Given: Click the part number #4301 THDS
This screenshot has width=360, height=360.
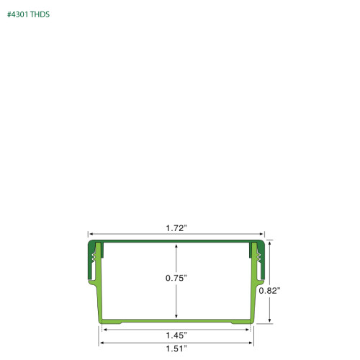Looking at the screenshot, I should pos(29,14).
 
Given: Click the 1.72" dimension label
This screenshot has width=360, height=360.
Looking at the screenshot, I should pos(176,228).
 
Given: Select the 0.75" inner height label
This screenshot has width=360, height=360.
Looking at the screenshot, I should pos(176,278).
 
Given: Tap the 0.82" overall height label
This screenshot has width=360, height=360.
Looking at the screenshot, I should pos(269,290).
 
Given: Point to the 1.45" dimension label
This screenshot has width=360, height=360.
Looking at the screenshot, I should pos(176,335).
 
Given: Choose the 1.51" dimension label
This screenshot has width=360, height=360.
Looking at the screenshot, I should pos(176,348).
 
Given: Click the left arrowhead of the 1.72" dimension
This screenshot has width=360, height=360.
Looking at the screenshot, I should pos(91,235).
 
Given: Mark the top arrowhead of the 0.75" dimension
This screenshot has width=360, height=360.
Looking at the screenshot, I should pos(176,246).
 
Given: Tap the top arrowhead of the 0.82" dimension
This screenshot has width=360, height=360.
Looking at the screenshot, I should pos(270,243).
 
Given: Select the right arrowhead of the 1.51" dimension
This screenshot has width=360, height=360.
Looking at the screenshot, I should pos(253,342).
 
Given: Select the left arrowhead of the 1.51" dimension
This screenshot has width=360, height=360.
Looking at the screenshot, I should pos(99,342).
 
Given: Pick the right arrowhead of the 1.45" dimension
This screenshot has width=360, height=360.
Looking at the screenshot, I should pos(249,330).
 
